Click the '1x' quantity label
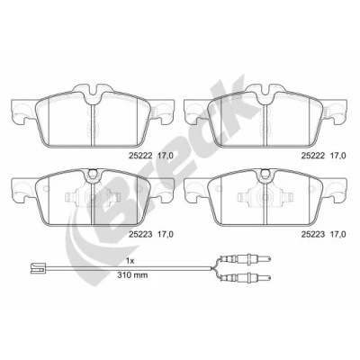(x=130, y=261)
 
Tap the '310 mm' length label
(x=132, y=275)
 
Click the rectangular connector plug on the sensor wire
(x=37, y=267)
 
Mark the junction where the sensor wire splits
(x=212, y=268)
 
